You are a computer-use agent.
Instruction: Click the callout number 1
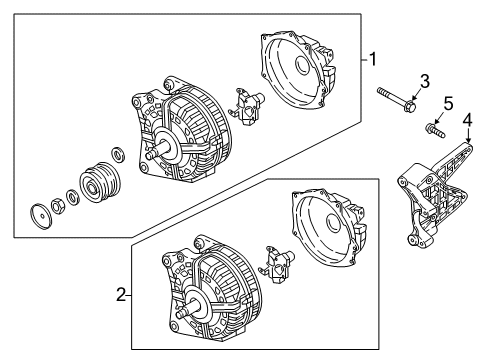[373, 59]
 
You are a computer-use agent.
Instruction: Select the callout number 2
[121, 295]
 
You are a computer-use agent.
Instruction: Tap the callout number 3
[424, 82]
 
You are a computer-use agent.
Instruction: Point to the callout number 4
[468, 120]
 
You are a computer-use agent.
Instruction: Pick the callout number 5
[448, 103]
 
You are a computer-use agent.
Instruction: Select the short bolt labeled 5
[435, 130]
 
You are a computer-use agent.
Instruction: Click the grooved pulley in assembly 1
[99, 182]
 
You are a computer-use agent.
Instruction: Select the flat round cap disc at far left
[41, 217]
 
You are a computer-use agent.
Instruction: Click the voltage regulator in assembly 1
[247, 107]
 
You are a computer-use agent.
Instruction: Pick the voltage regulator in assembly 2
[277, 265]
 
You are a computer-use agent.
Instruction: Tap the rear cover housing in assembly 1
[298, 69]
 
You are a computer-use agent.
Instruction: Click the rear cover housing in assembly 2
[329, 228]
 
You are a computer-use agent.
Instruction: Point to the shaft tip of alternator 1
[150, 155]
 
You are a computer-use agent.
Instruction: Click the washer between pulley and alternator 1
[118, 154]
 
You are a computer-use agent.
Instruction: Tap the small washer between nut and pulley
[72, 197]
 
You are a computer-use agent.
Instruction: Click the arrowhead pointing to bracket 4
[469, 140]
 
